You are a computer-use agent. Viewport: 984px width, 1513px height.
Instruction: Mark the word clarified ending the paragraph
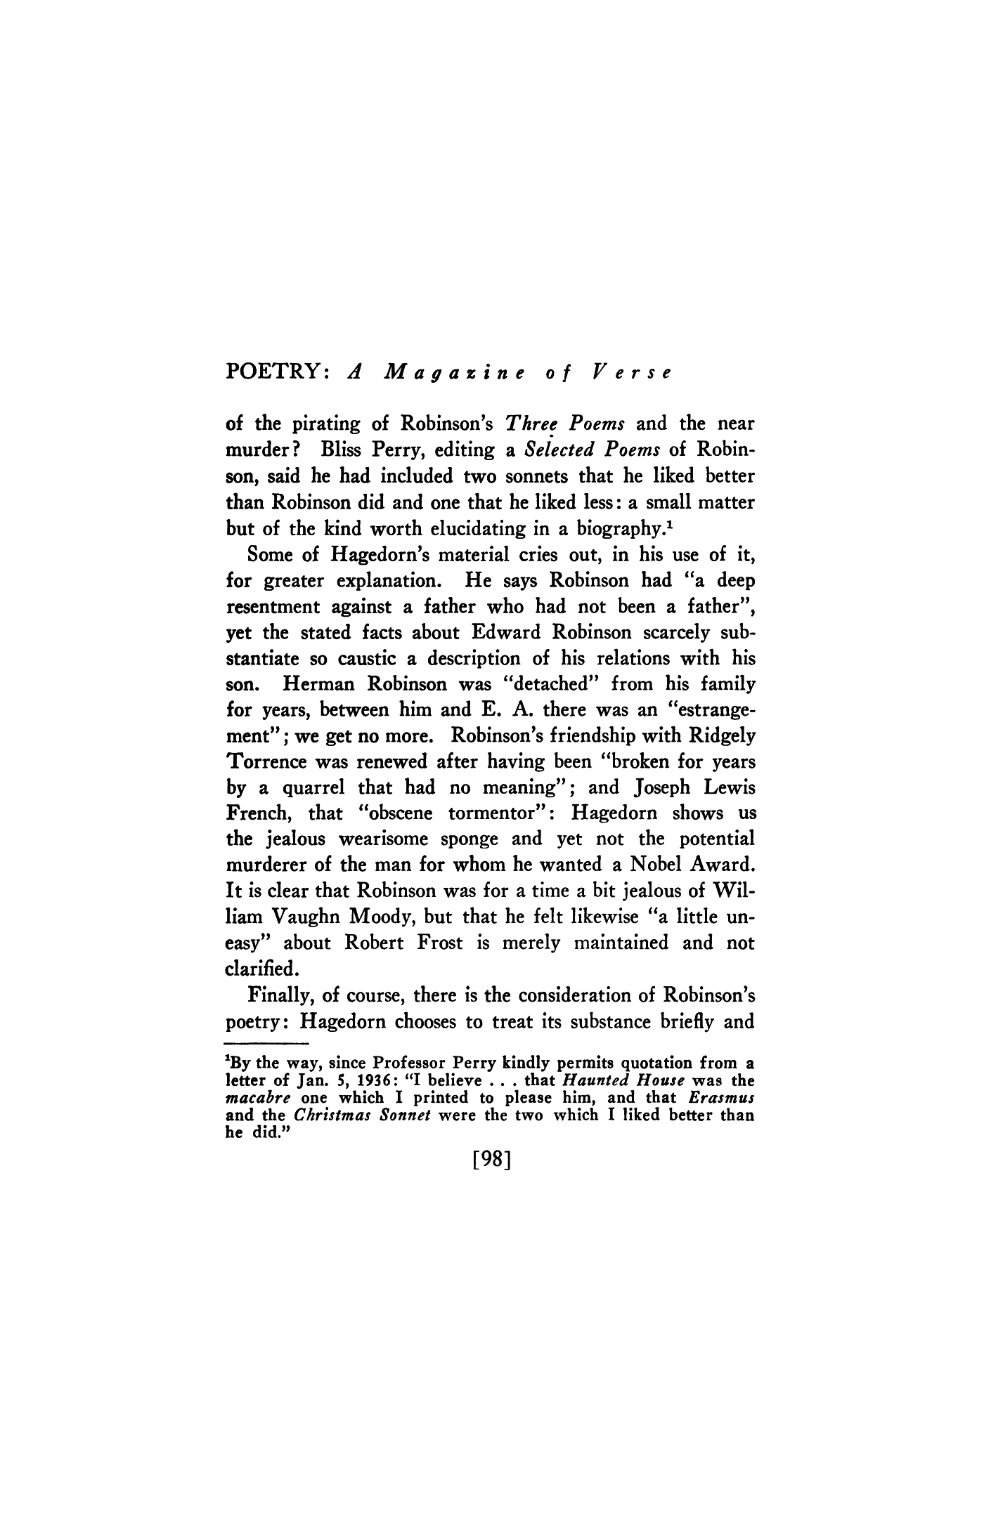point(264,969)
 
